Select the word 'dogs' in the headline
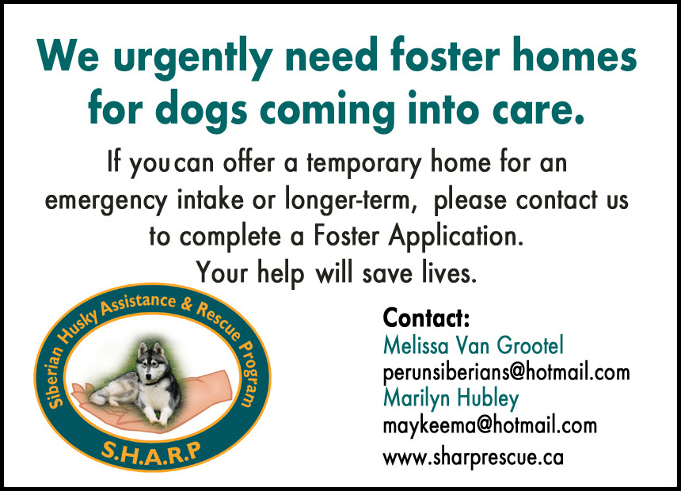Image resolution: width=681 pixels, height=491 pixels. [201, 110]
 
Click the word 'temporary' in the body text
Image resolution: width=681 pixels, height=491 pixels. [364, 164]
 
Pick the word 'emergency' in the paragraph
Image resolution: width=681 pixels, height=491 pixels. [106, 201]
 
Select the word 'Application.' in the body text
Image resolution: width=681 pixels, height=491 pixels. [455, 237]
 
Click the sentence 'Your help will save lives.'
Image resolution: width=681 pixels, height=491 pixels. [337, 273]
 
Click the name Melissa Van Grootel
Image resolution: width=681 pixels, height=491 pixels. [473, 345]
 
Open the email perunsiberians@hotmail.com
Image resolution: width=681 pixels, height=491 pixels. [506, 373]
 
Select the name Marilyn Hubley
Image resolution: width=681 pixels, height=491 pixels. [451, 399]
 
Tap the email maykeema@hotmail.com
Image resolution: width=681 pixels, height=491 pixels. [490, 425]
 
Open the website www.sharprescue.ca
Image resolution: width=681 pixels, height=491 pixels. [473, 458]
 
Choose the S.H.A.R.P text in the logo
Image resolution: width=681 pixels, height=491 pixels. [151, 454]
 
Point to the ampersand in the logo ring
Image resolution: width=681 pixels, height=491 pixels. [187, 305]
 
